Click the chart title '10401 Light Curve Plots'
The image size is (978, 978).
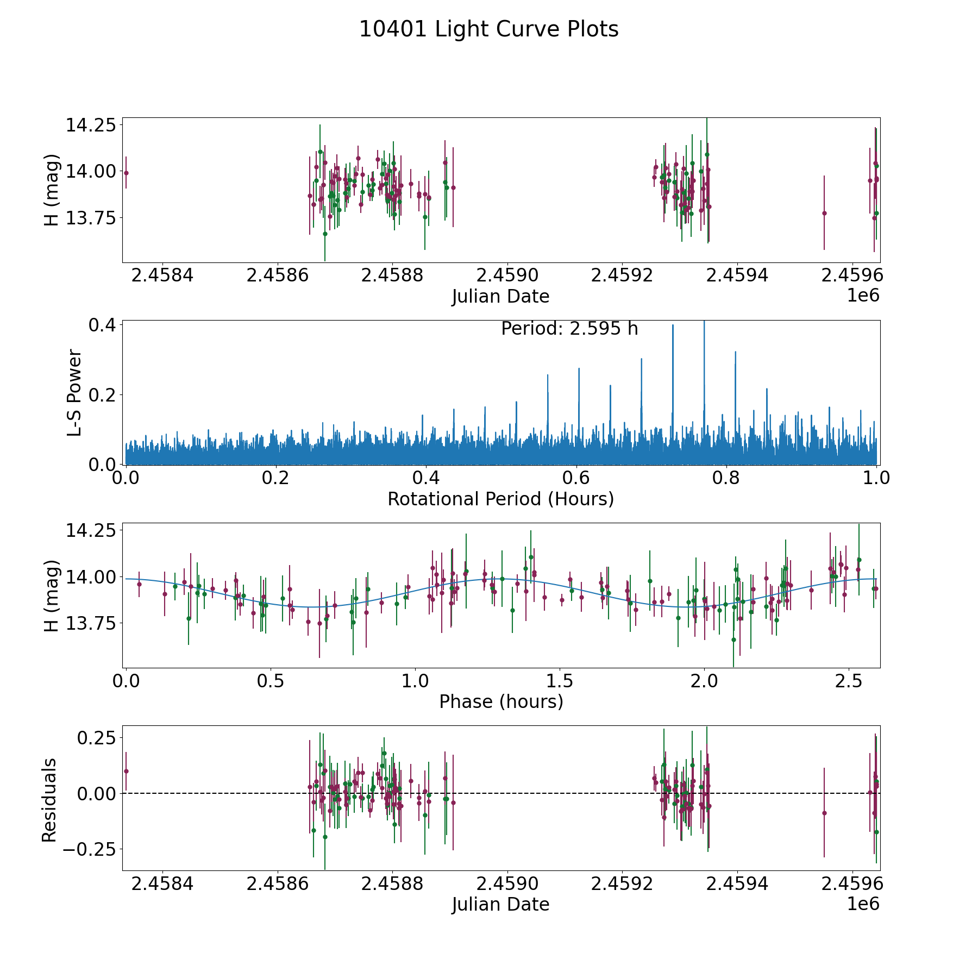click(488, 29)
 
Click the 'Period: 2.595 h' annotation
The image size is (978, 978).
click(569, 329)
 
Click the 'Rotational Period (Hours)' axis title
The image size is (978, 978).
click(500, 499)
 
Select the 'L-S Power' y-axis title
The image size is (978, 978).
click(74, 392)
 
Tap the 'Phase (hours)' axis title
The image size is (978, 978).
click(500, 701)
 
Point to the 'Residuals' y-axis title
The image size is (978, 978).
click(49, 800)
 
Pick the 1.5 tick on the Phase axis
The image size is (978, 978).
click(560, 681)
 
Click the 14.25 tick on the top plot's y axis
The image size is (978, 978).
click(91, 126)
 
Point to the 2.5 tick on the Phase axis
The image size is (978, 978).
click(849, 681)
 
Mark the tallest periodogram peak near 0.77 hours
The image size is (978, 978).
click(704, 322)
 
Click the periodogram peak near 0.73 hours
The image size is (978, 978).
click(673, 326)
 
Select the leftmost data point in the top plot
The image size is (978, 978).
click(126, 173)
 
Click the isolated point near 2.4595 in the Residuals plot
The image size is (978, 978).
click(824, 813)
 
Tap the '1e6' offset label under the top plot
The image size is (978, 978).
click(863, 296)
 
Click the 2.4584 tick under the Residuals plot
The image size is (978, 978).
click(162, 884)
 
